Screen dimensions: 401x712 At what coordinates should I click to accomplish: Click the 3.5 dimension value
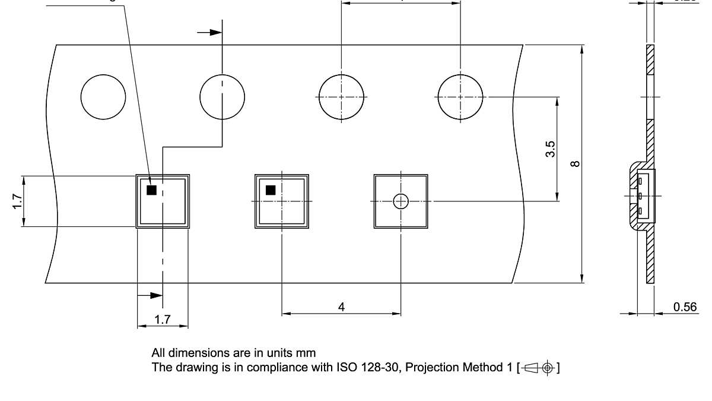pyautogui.click(x=550, y=149)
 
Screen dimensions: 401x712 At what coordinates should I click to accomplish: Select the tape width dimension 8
pyautogui.click(x=574, y=163)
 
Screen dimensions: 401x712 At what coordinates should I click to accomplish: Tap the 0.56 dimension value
pyautogui.click(x=685, y=307)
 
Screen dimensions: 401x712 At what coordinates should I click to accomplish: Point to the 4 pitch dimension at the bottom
pyautogui.click(x=341, y=307)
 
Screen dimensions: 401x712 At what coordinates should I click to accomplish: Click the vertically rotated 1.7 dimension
pyautogui.click(x=17, y=201)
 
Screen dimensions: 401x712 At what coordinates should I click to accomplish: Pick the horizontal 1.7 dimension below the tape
pyautogui.click(x=163, y=320)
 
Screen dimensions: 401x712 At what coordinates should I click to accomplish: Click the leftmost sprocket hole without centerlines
pyautogui.click(x=103, y=97)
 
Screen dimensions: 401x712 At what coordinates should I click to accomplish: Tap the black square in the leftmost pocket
pyautogui.click(x=151, y=190)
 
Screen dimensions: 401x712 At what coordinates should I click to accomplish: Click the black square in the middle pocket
pyautogui.click(x=271, y=190)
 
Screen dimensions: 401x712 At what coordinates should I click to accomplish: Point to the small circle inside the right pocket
pyautogui.click(x=401, y=201)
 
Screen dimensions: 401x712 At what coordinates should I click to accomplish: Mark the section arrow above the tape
pyautogui.click(x=209, y=32)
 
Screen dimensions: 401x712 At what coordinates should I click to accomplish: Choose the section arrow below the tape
pyautogui.click(x=150, y=295)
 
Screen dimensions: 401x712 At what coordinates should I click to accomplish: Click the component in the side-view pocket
pyautogui.click(x=644, y=195)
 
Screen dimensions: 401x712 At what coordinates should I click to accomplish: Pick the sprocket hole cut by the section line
pyautogui.click(x=223, y=97)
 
